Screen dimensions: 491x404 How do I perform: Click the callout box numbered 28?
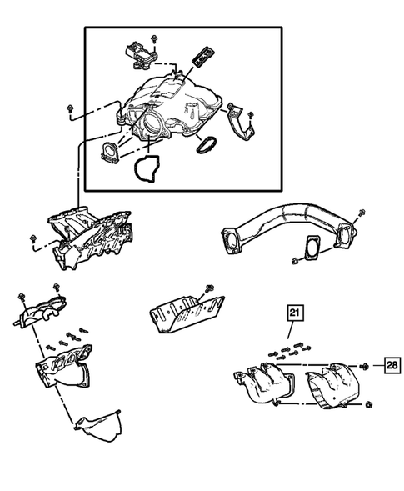(392, 365)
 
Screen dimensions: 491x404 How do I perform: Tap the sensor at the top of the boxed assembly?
(137, 52)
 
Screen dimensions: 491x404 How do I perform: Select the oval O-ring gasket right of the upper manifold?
(205, 143)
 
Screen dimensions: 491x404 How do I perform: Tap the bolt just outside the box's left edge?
(68, 109)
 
